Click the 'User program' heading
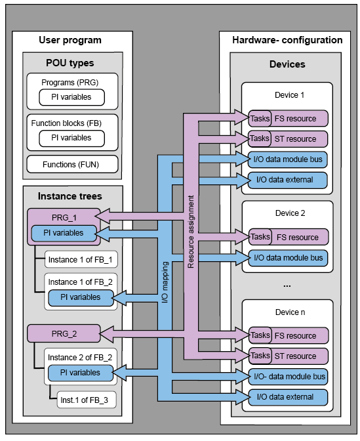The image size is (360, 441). point(70,40)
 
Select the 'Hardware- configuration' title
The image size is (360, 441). point(287,40)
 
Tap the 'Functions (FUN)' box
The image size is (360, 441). point(72,164)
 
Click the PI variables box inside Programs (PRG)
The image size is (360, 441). point(71,97)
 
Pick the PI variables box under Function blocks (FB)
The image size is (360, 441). point(71,138)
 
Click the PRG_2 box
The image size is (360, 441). point(64,333)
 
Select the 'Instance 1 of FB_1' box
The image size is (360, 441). point(81,259)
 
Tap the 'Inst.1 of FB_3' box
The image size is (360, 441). point(87,400)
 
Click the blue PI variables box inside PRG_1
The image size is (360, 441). point(64,233)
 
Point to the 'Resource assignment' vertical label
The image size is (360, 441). point(191,232)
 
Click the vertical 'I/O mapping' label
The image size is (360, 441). point(165,282)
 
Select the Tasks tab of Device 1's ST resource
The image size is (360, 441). point(260,138)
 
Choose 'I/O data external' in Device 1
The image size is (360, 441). point(288,180)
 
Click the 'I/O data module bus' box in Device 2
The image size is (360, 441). point(289,258)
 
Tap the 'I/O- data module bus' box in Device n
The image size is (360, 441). point(289,377)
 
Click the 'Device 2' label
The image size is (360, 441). point(290,213)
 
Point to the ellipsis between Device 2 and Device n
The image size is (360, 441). point(287,285)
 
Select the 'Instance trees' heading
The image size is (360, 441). point(70,196)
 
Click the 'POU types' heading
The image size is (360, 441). point(70,63)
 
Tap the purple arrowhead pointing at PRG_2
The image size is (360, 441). point(107,334)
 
